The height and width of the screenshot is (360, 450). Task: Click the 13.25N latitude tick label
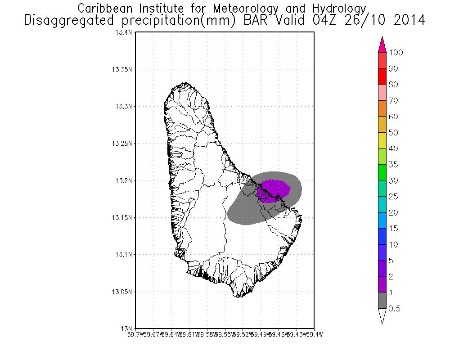pyautogui.click(x=123, y=144)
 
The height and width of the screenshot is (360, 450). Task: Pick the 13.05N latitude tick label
pyautogui.click(x=123, y=292)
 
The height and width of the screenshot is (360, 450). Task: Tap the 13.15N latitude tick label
pyautogui.click(x=123, y=217)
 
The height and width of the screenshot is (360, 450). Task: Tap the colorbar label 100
pyautogui.click(x=396, y=53)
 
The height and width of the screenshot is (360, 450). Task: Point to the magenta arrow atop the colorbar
pyautogui.click(x=382, y=45)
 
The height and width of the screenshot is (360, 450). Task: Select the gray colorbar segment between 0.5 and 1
pyautogui.click(x=382, y=301)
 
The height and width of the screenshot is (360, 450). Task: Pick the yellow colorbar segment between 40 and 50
pyautogui.click(x=382, y=140)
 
